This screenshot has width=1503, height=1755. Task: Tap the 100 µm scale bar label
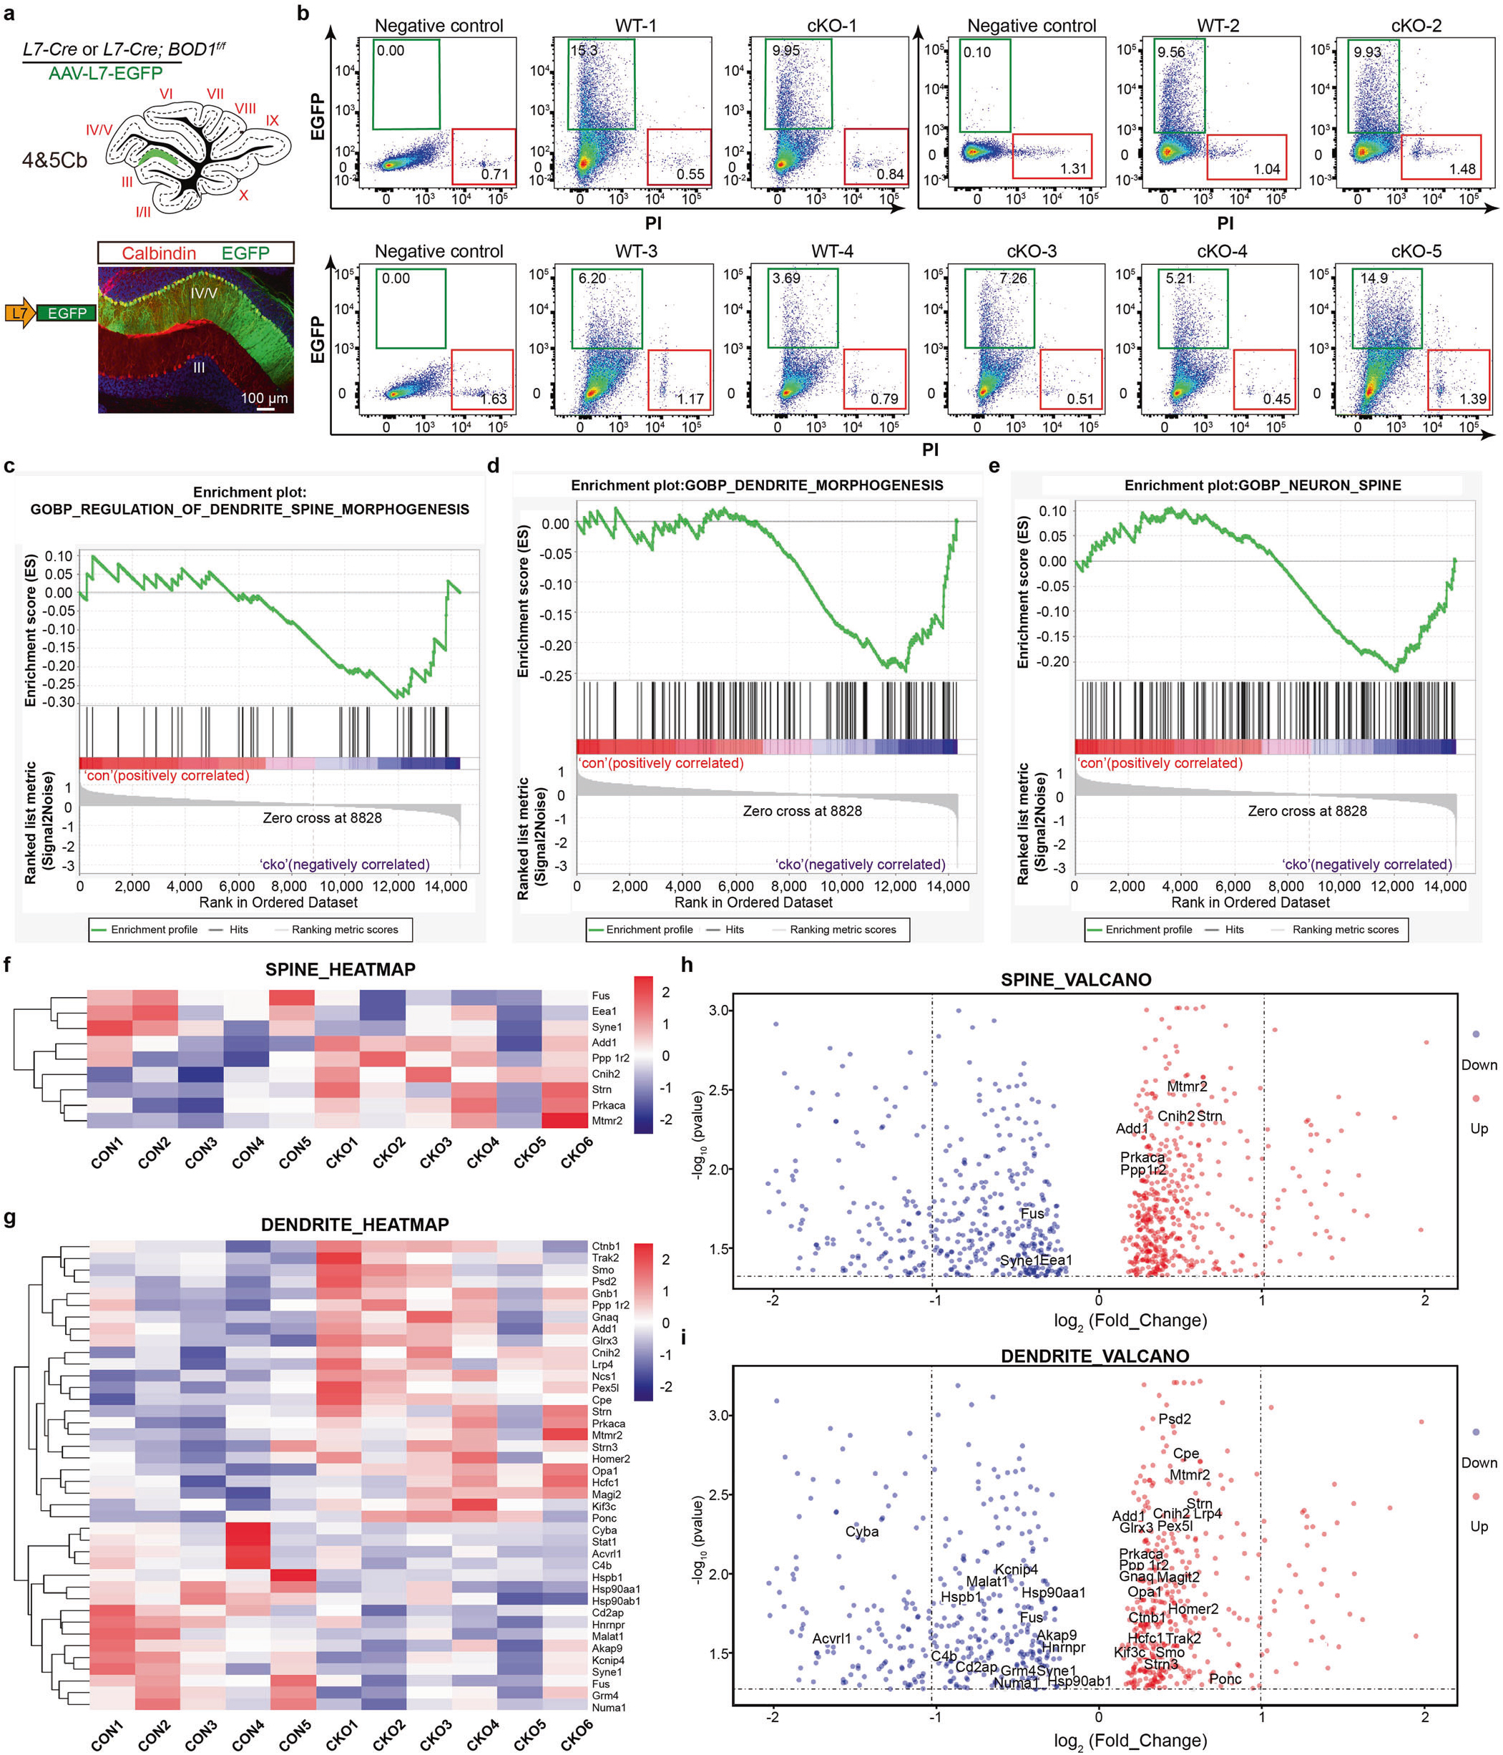pyautogui.click(x=263, y=397)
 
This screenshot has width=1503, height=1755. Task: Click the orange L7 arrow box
pyautogui.click(x=19, y=313)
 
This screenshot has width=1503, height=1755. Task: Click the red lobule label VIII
pyautogui.click(x=245, y=107)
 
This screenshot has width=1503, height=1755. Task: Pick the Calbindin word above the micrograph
pyautogui.click(x=158, y=253)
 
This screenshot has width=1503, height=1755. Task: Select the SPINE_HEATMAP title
pyautogui.click(x=340, y=970)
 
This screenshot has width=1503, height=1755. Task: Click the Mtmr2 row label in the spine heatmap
pyautogui.click(x=607, y=1121)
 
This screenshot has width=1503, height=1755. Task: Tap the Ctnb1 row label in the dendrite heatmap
pyautogui.click(x=605, y=1246)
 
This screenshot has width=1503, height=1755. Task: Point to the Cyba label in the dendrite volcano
pyautogui.click(x=861, y=1532)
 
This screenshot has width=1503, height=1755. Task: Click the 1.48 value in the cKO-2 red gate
pyautogui.click(x=1462, y=168)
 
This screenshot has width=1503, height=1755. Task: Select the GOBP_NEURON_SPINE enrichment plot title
pyautogui.click(x=1262, y=485)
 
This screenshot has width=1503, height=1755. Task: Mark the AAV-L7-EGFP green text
pyautogui.click(x=105, y=73)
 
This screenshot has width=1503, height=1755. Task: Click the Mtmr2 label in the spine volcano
pyautogui.click(x=1186, y=1086)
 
